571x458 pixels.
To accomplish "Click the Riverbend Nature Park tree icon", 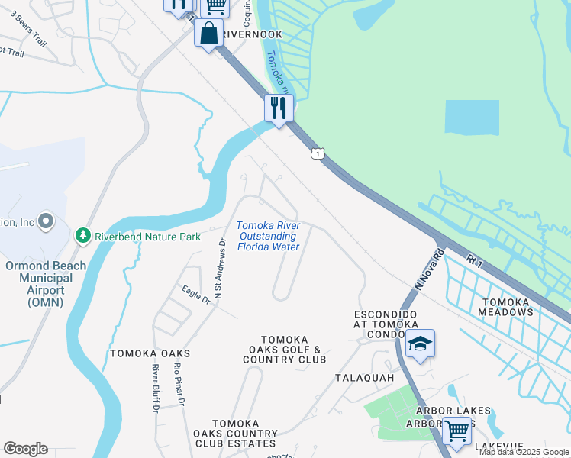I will (83, 236).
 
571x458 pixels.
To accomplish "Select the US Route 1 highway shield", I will (316, 154).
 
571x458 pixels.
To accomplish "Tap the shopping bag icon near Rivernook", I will (208, 33).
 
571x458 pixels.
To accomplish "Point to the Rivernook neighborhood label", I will (253, 34).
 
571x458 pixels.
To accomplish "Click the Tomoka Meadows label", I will (505, 306).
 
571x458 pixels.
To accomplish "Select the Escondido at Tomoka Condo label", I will (386, 324).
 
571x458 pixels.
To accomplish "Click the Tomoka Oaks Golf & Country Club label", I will (284, 350).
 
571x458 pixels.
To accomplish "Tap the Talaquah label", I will (363, 378).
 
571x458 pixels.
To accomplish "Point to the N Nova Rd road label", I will (429, 266).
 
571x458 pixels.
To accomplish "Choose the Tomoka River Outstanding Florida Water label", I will (268, 236).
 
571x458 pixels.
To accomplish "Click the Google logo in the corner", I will (25, 449).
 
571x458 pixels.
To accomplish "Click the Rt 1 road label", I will (477, 261).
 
